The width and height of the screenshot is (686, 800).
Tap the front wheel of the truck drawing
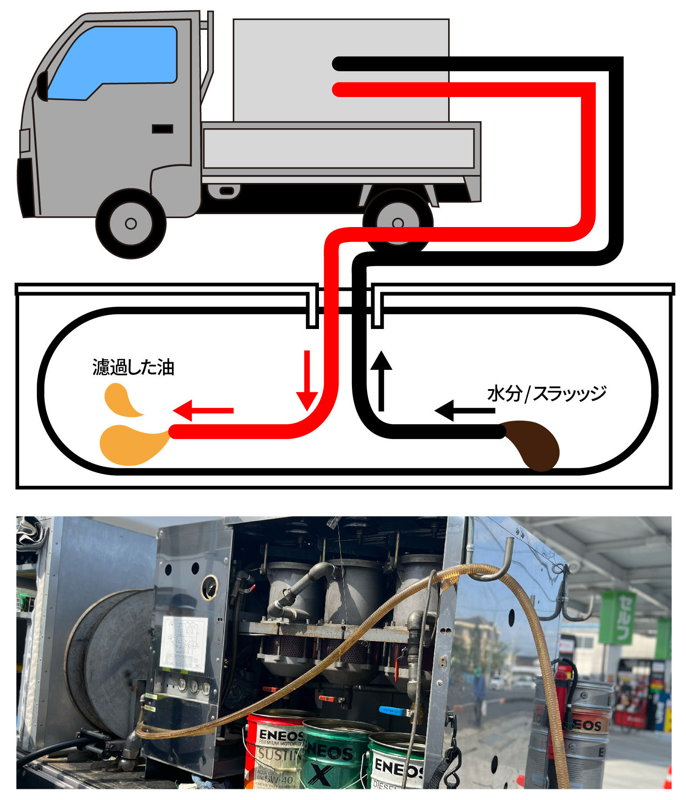click(x=131, y=223)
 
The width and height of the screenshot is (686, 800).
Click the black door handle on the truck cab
click(x=162, y=129)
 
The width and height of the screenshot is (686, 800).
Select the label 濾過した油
click(x=133, y=367)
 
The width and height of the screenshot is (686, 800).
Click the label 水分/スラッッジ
click(x=547, y=394)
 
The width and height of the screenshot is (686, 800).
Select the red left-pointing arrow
click(x=203, y=410)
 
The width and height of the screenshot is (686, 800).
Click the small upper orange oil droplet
click(x=121, y=400)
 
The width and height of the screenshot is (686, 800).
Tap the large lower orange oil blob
click(x=131, y=445)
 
